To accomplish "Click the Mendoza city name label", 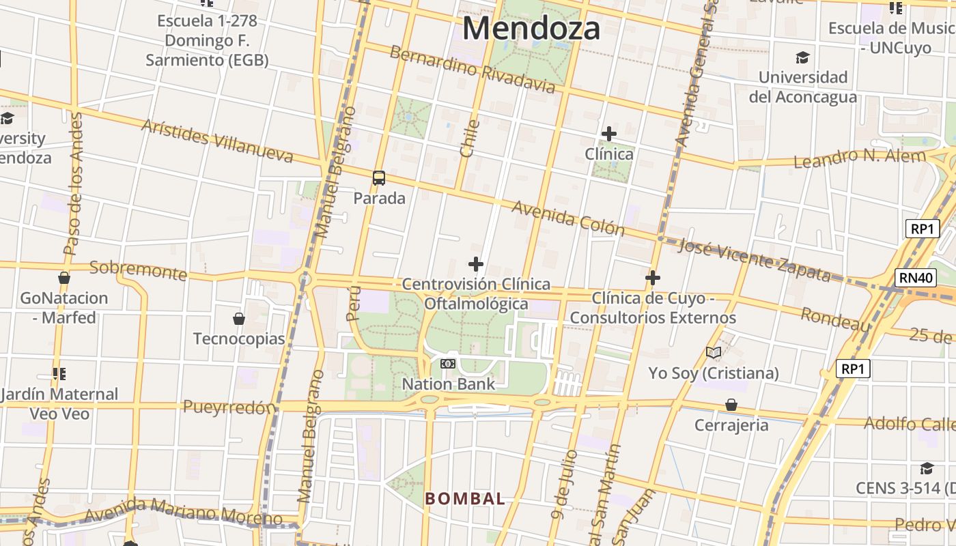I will (531, 29).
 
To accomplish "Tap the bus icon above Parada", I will (379, 178).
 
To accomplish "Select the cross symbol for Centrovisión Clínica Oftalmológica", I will (476, 263).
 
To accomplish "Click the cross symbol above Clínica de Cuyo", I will (653, 278).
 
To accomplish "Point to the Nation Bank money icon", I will (448, 364).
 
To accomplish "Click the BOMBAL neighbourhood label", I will (465, 499).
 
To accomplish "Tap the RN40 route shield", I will (914, 278).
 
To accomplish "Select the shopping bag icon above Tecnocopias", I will (239, 319).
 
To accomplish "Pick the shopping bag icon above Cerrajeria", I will (731, 405).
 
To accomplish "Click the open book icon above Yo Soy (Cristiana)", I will (714, 353).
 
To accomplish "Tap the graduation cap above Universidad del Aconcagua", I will (802, 57).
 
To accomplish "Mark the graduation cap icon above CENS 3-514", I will (927, 468).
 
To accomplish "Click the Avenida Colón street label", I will (568, 218).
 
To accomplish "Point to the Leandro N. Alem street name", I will (859, 158).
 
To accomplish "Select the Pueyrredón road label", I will (229, 407).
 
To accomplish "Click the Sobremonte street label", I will (139, 270).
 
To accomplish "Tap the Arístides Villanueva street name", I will (217, 141).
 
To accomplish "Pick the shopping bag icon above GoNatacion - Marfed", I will (64, 278).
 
